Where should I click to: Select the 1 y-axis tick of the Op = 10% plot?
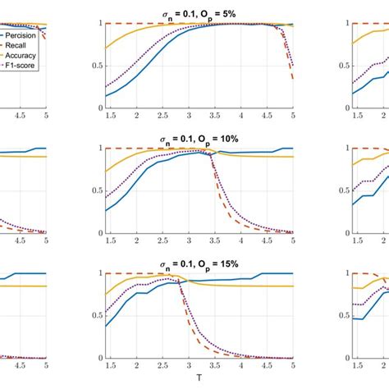click(x=98, y=148)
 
